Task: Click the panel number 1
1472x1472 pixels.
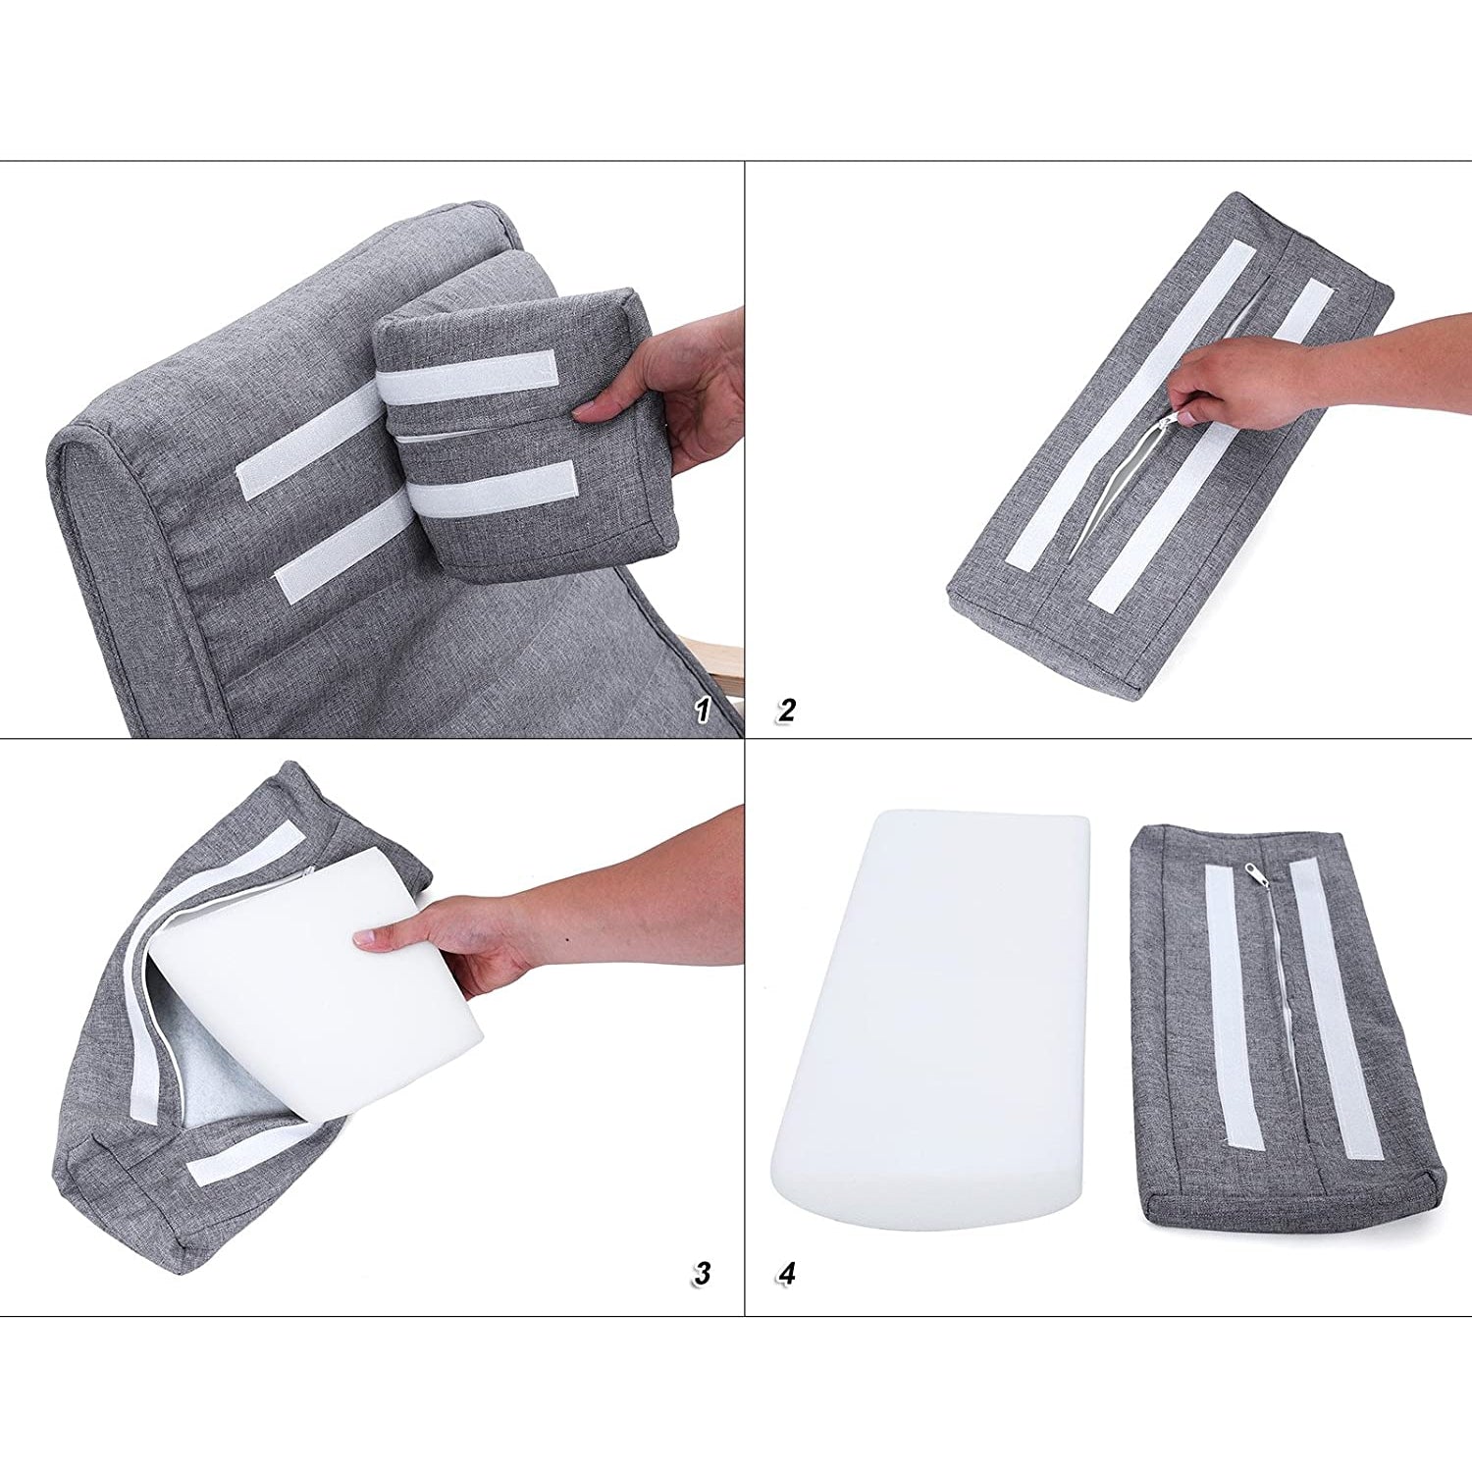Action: [702, 710]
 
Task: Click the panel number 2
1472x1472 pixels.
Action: [786, 710]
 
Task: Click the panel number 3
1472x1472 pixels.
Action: [702, 1274]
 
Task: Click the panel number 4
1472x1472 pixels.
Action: [786, 1274]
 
